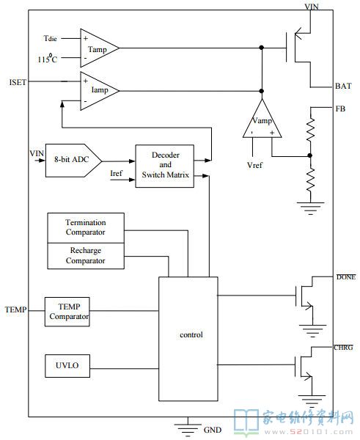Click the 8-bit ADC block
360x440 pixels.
pyautogui.click(x=73, y=161)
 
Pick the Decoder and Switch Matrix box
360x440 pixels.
pyautogui.click(x=165, y=166)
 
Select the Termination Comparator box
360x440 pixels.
pyautogui.click(x=86, y=228)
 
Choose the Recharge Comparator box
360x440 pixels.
pyautogui.click(x=86, y=256)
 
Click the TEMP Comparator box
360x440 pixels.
pyautogui.click(x=67, y=312)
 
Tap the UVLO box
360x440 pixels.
pyautogui.click(x=67, y=366)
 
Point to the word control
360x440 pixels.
pyautogui.click(x=191, y=334)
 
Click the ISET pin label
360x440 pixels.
pyautogui.click(x=18, y=82)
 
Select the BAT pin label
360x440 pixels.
pyautogui.click(x=343, y=86)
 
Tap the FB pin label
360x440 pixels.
pyautogui.click(x=340, y=109)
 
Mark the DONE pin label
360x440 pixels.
pyautogui.click(x=346, y=277)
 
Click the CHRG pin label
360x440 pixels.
pyautogui.click(x=343, y=348)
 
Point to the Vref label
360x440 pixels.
pyautogui.click(x=254, y=165)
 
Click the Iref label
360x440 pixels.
pyautogui.click(x=116, y=173)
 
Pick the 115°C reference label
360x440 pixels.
pyautogui.click(x=48, y=59)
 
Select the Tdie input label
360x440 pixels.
pyautogui.click(x=51, y=38)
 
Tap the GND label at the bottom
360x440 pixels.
pyautogui.click(x=213, y=430)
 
